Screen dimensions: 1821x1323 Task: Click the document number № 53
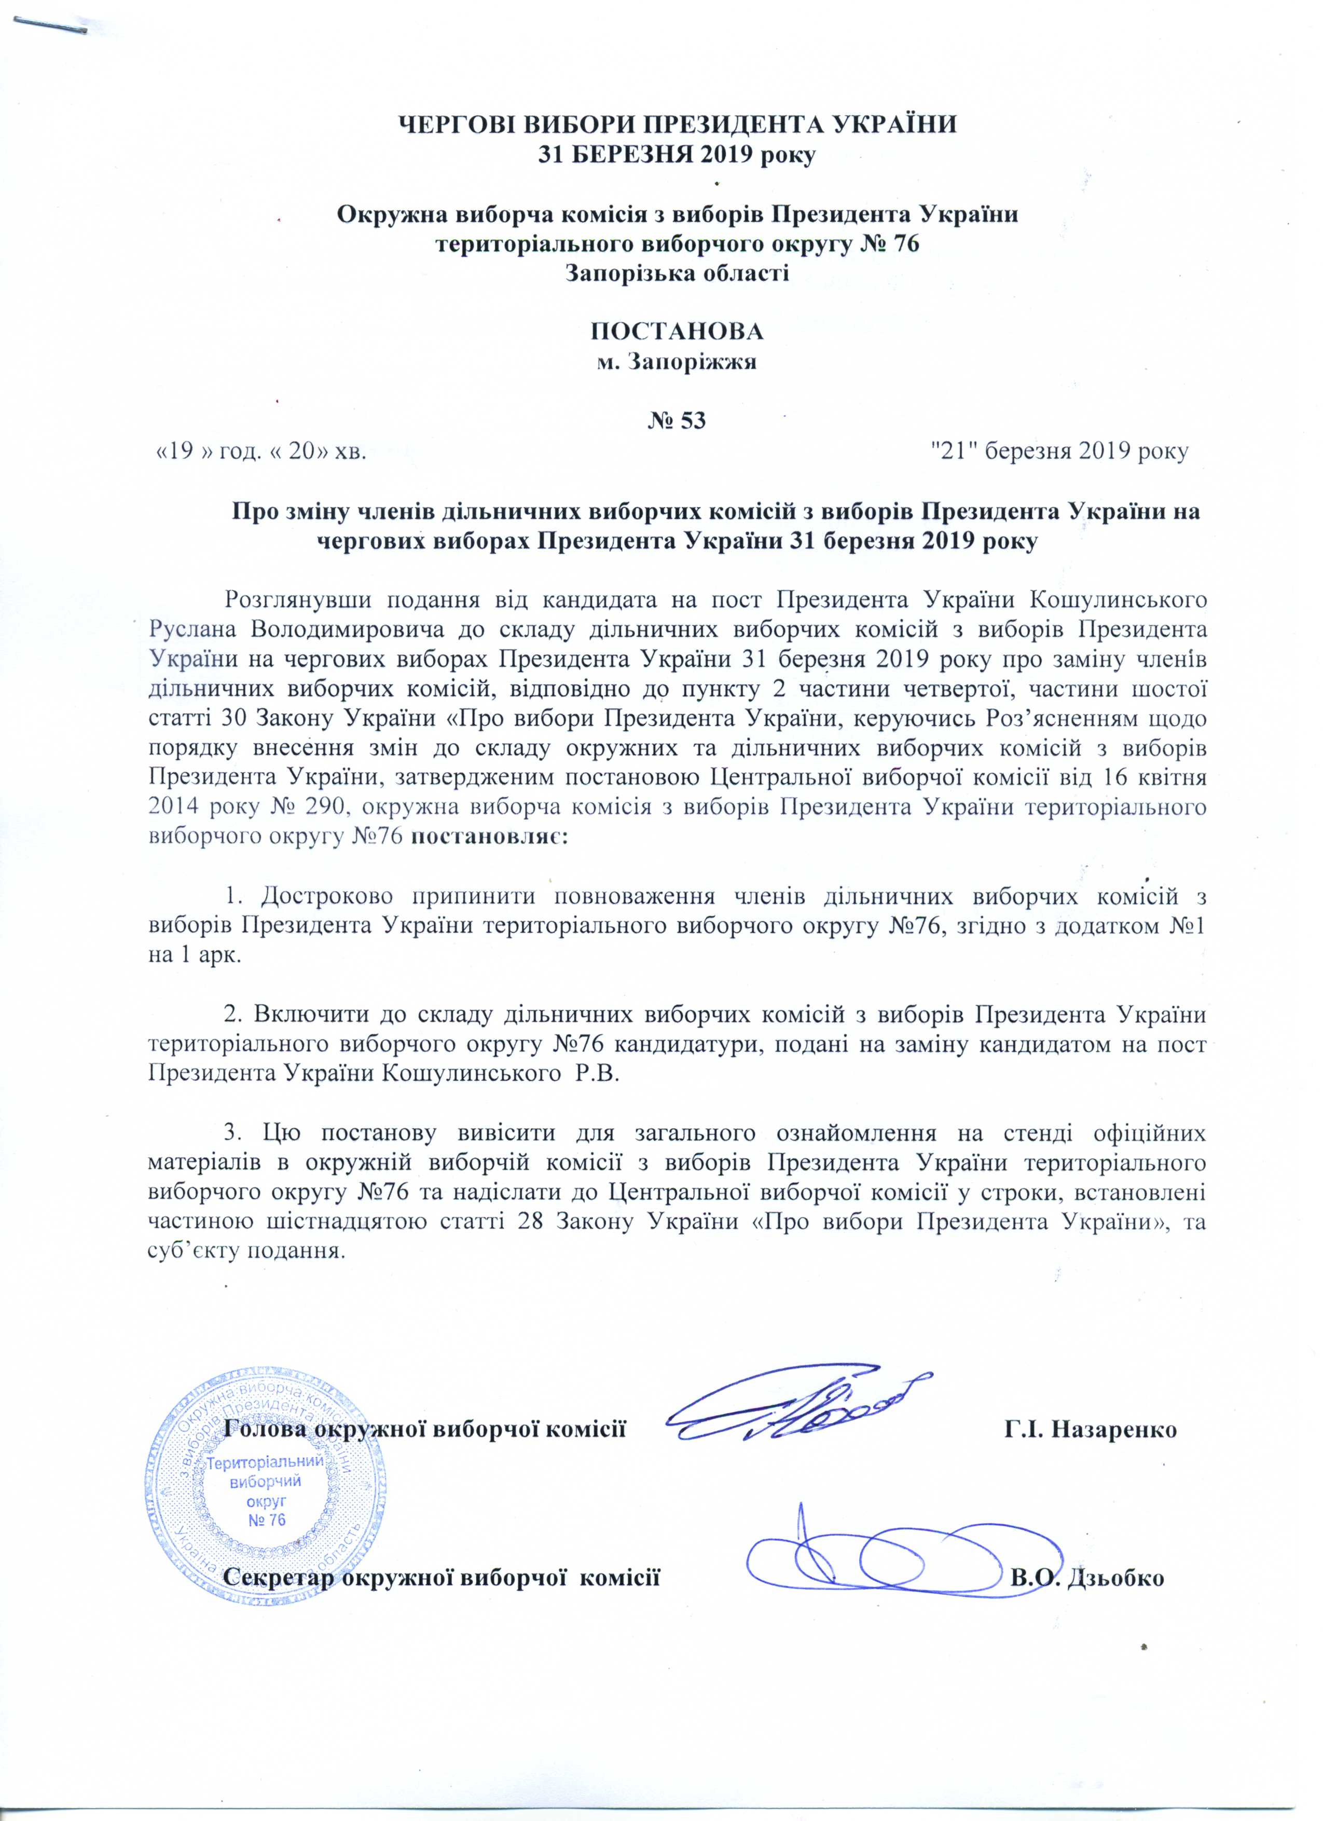pyautogui.click(x=677, y=421)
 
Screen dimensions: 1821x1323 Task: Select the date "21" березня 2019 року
pyautogui.click(x=1057, y=451)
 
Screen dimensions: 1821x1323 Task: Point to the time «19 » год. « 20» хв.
pyautogui.click(x=261, y=451)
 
